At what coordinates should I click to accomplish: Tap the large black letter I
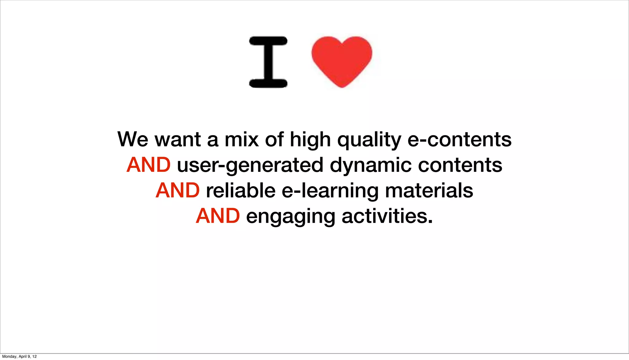268,62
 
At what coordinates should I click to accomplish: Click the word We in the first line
133,139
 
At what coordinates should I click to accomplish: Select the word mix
242,139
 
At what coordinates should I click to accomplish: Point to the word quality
369,140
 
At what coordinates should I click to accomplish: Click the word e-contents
459,139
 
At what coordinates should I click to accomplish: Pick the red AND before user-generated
148,165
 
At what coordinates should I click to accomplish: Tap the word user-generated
250,165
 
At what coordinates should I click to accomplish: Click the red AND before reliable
178,190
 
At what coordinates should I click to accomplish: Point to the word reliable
240,190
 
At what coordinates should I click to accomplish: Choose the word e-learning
330,191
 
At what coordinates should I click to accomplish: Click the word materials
429,190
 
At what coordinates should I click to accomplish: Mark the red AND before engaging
218,216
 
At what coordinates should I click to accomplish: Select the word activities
387,216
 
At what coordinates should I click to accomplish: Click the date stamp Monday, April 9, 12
19,356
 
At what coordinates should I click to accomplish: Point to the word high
310,140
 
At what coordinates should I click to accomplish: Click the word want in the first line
178,140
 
